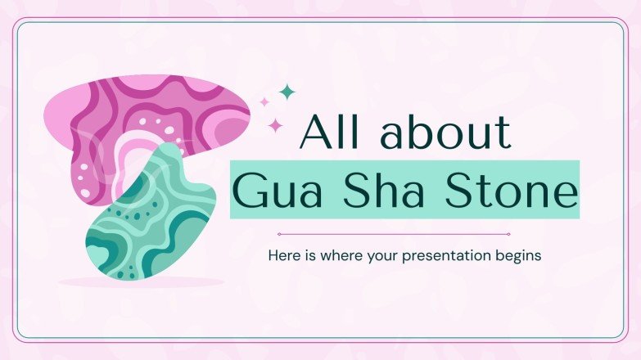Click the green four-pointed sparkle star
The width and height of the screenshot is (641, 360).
coord(286,92)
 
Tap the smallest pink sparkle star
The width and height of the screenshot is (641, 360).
coord(264,102)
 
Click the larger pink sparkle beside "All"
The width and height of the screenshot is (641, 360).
coord(276,125)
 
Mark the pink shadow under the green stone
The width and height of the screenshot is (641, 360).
coord(139,282)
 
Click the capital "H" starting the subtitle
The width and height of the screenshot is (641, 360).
coord(274,255)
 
